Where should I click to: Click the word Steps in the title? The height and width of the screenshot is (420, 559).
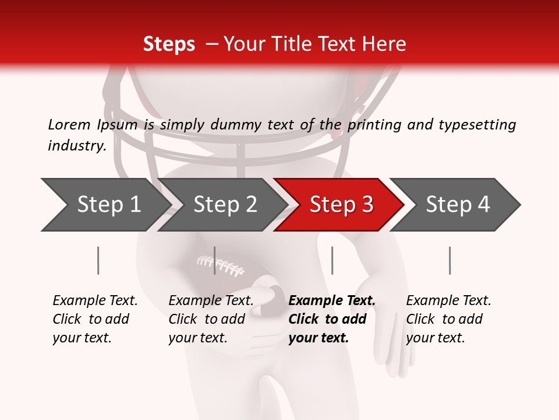click(x=169, y=44)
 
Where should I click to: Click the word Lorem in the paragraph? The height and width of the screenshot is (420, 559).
click(x=69, y=124)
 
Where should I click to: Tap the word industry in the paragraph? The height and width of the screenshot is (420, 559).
click(x=76, y=146)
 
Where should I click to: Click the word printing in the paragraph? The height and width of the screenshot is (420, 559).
click(x=373, y=125)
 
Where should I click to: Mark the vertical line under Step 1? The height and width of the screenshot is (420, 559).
click(x=98, y=260)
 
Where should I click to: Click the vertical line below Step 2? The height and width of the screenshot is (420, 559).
click(x=215, y=260)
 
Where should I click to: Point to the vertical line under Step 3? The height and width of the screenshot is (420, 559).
click(x=332, y=260)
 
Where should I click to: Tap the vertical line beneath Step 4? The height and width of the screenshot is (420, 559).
click(x=450, y=260)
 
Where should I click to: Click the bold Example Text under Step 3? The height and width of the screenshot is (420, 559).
click(x=332, y=301)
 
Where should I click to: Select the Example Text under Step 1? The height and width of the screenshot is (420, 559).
click(x=95, y=301)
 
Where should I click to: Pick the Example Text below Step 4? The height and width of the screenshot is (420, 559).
click(x=448, y=301)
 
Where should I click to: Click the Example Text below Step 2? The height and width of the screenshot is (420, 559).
click(x=211, y=301)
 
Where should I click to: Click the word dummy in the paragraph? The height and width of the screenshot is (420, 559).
click(x=240, y=125)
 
